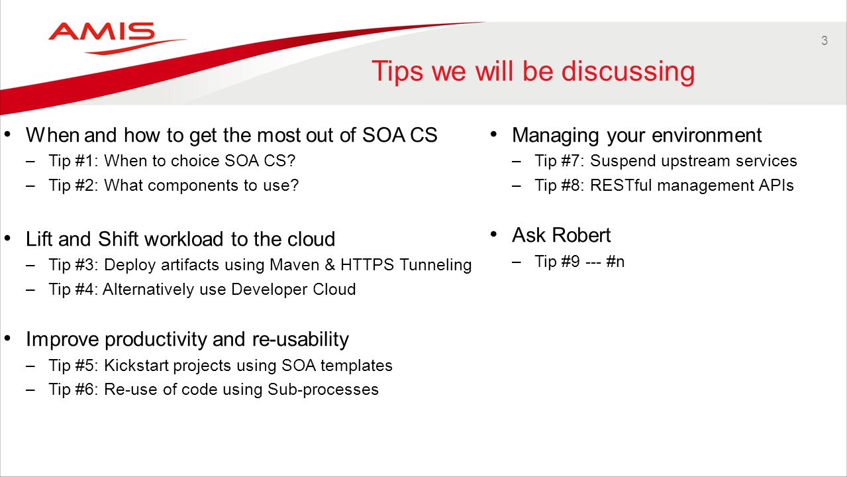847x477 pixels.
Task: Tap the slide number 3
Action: pyautogui.click(x=824, y=40)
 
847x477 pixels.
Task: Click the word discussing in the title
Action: pyautogui.click(x=628, y=72)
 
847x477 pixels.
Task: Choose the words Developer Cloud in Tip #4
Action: pyautogui.click(x=293, y=290)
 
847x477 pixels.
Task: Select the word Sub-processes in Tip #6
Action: pyautogui.click(x=323, y=390)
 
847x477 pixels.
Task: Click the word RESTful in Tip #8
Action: pyautogui.click(x=621, y=185)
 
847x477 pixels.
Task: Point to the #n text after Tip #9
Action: pyautogui.click(x=615, y=262)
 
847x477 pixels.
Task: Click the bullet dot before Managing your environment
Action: pyautogui.click(x=493, y=134)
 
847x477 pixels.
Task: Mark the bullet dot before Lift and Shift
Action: pyautogui.click(x=7, y=238)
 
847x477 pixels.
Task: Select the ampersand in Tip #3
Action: pyautogui.click(x=330, y=265)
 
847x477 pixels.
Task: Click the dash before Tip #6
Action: pyautogui.click(x=30, y=390)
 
